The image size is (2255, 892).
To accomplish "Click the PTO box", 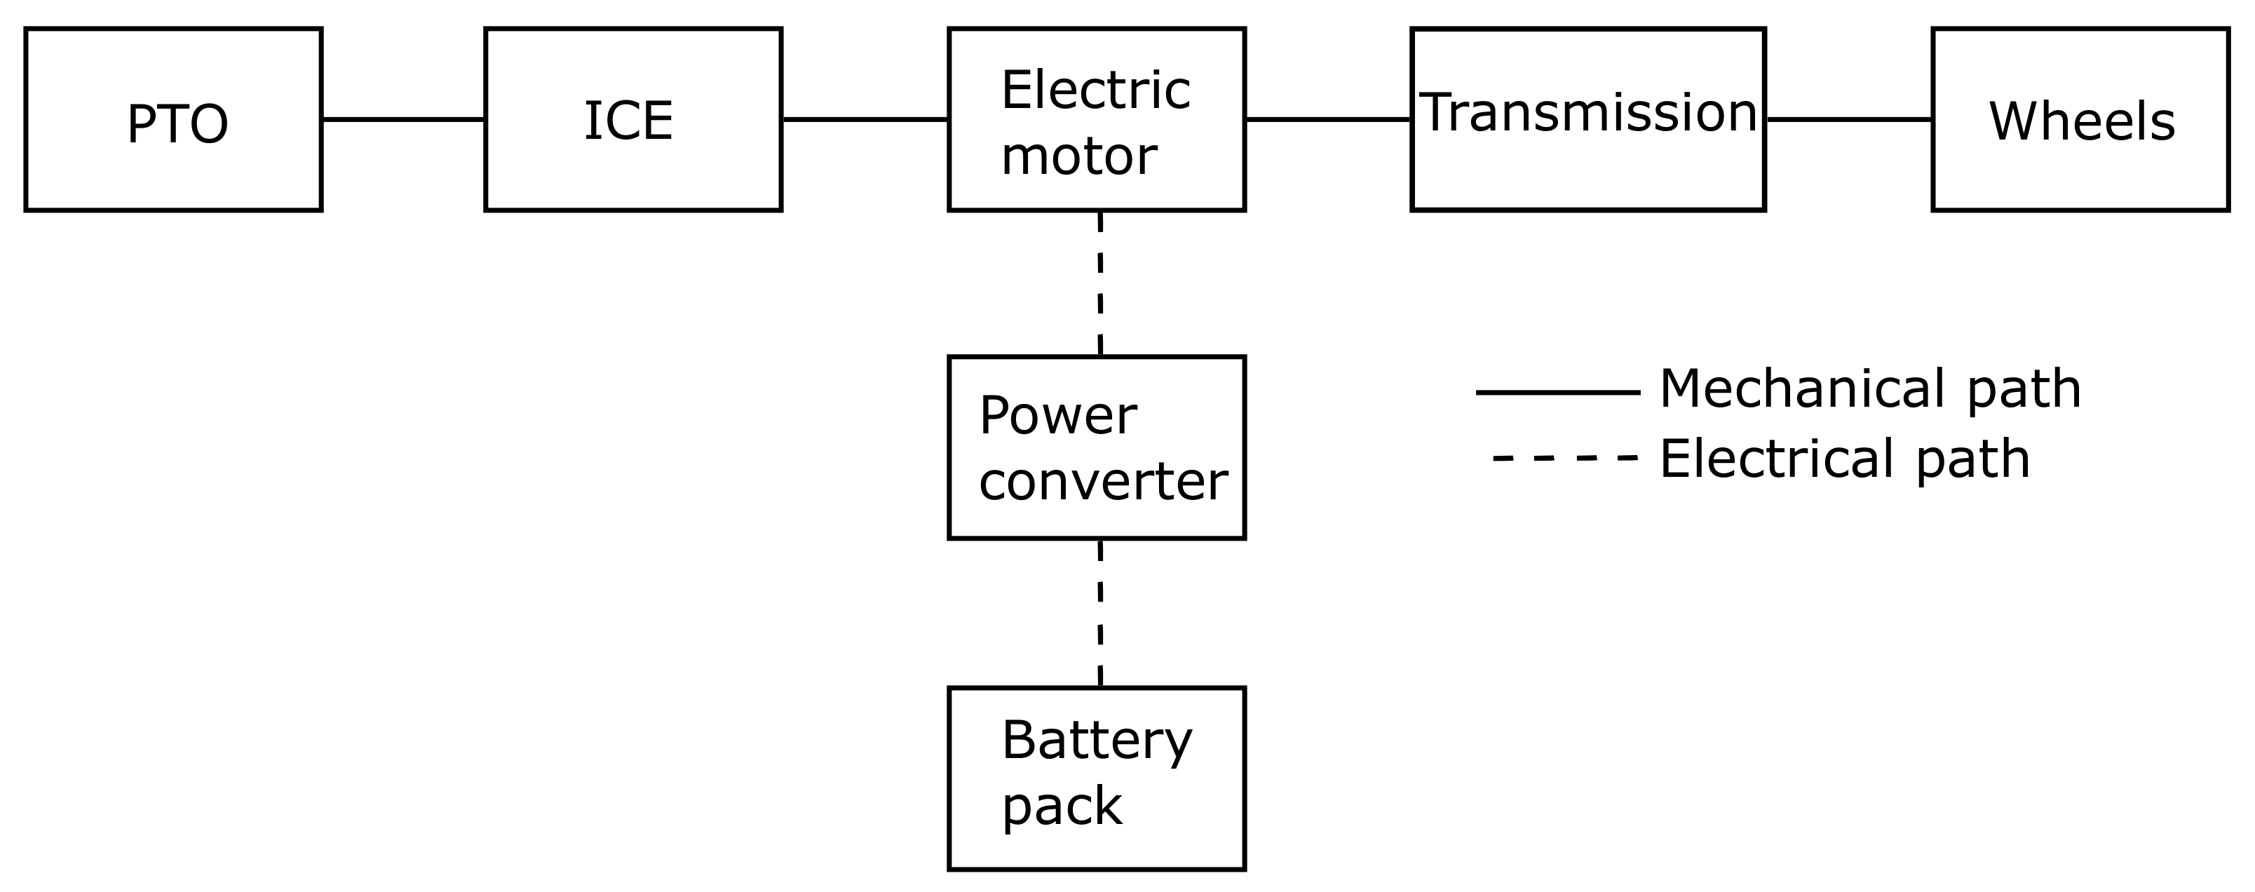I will [173, 120].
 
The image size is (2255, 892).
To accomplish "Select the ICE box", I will [633, 120].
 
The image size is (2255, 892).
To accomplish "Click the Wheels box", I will [2081, 120].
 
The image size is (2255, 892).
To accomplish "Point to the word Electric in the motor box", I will [1095, 90].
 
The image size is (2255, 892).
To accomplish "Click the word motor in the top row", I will [1078, 156].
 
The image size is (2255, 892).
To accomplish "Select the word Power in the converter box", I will [1057, 416].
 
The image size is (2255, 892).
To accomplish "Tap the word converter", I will [1103, 482].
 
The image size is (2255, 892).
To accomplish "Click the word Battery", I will [1096, 741].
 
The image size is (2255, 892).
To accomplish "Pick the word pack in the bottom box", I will [1061, 806].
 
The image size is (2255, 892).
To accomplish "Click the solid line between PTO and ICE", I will [402, 119].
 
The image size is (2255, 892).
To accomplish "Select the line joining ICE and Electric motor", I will [865, 119].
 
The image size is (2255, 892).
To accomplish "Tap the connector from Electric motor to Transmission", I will [1328, 119].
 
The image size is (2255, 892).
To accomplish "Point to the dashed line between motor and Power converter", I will [1099, 283].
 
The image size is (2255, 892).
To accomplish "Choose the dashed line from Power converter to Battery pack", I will [1099, 613].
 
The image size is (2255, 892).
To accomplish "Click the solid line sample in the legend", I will [1557, 393].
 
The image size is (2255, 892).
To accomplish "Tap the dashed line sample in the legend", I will [1564, 458].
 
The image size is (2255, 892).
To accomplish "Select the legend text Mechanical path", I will [1870, 389].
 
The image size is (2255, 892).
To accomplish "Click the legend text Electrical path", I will [1844, 459].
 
